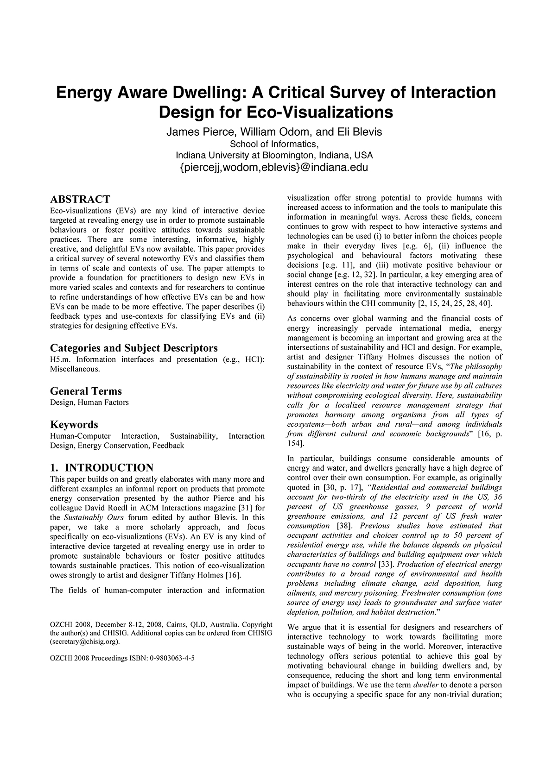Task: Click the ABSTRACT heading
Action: point(80,199)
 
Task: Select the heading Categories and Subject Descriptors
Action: point(133,348)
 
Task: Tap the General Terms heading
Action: point(86,391)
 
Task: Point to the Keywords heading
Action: point(74,424)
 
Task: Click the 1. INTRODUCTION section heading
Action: point(102,467)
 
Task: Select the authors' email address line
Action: point(273,167)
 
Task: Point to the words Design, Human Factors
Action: point(89,403)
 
